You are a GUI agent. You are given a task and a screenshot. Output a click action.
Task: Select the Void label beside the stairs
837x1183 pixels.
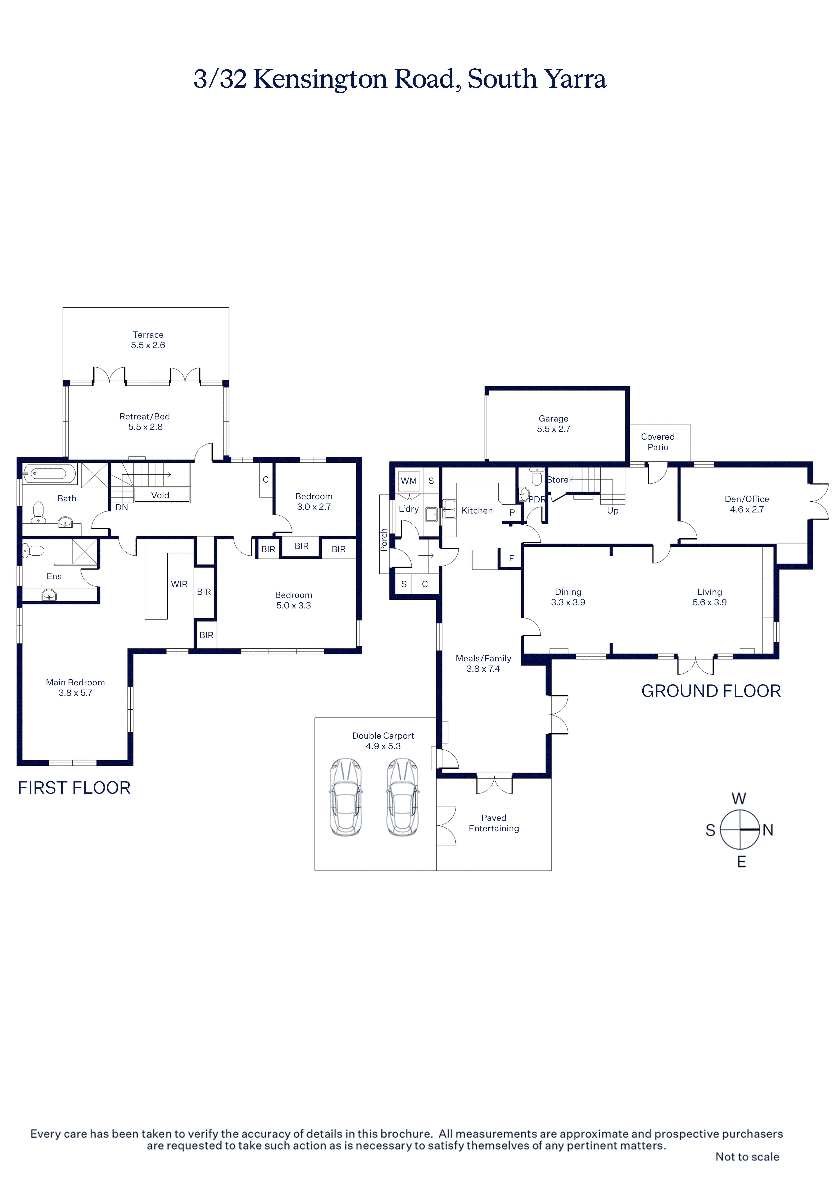pos(160,495)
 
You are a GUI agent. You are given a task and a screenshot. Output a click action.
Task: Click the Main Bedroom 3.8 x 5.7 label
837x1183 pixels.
pos(75,687)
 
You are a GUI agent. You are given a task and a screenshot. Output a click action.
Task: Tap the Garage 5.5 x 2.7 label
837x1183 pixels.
pos(553,424)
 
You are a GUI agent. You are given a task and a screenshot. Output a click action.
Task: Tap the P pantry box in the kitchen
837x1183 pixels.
pos(512,512)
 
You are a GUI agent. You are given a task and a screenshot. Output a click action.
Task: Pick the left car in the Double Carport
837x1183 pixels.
pos(345,797)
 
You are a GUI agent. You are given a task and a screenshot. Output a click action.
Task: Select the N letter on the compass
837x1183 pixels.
pos(768,830)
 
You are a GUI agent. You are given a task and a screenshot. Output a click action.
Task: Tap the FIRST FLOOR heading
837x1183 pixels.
pos(74,787)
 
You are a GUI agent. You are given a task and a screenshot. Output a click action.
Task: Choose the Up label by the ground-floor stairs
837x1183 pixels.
pos(613,511)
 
